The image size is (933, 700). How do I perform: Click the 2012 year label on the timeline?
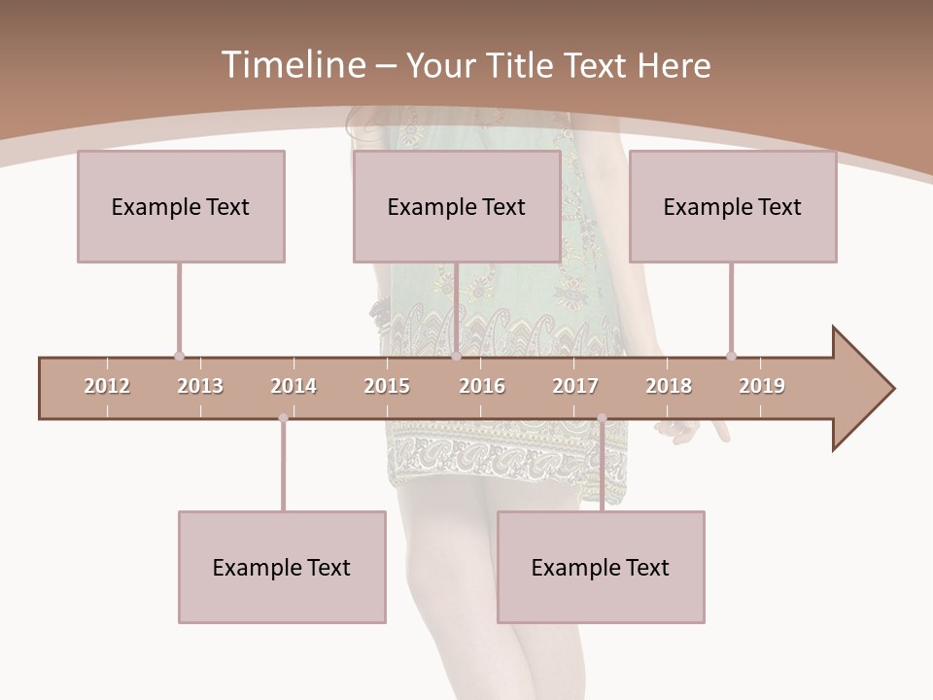click(107, 386)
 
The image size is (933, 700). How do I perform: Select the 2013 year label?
click(200, 386)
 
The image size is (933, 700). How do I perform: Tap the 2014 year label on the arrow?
click(294, 386)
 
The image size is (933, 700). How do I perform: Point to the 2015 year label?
click(387, 386)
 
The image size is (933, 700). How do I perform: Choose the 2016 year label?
click(482, 386)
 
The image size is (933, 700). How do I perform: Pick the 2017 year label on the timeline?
click(575, 386)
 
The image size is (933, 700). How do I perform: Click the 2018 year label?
click(669, 386)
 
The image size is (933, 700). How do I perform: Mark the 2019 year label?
click(762, 386)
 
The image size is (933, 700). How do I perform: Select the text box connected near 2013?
click(181, 206)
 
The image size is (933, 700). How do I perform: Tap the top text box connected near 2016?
click(457, 206)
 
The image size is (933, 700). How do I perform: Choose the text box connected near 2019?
click(733, 206)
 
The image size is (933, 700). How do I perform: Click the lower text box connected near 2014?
click(282, 567)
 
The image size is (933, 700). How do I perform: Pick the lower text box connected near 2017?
click(601, 567)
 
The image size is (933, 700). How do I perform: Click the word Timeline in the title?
click(292, 65)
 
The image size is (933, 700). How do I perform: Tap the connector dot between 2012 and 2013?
click(179, 356)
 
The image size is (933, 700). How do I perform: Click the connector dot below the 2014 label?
click(283, 418)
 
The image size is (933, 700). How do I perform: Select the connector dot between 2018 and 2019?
click(731, 356)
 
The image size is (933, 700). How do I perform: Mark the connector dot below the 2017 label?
click(602, 418)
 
